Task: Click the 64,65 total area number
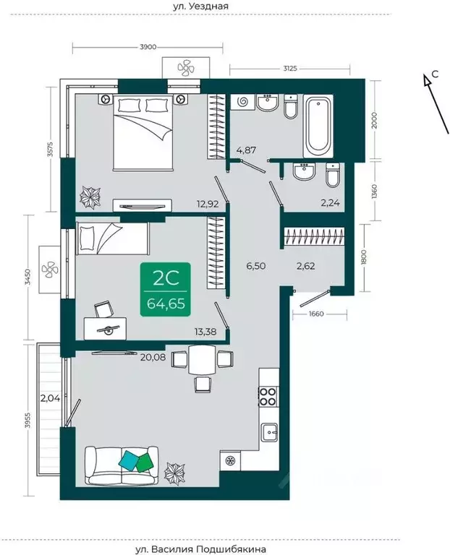pyautogui.click(x=166, y=304)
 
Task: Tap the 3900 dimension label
pyautogui.click(x=148, y=48)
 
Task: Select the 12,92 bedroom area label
pyautogui.click(x=208, y=204)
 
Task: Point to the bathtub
pyautogui.click(x=318, y=126)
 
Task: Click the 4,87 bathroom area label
pyautogui.click(x=246, y=150)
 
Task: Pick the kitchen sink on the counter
pyautogui.click(x=271, y=432)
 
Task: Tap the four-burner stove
pyautogui.click(x=268, y=397)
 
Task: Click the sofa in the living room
pyautogui.click(x=122, y=465)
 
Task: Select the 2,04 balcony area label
pyautogui.click(x=51, y=399)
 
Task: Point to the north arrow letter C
pyautogui.click(x=435, y=74)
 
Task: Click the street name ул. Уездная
pyautogui.click(x=200, y=6)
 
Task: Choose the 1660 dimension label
pyautogui.click(x=316, y=313)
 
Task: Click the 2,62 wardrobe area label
pyautogui.click(x=305, y=266)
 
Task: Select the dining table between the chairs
pyautogui.click(x=203, y=360)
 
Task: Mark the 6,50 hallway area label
pyautogui.click(x=256, y=266)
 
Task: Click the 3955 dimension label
pyautogui.click(x=28, y=420)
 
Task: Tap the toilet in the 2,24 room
pyautogui.click(x=333, y=175)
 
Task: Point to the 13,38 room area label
pyautogui.click(x=205, y=332)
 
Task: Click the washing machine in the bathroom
pyautogui.click(x=242, y=103)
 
